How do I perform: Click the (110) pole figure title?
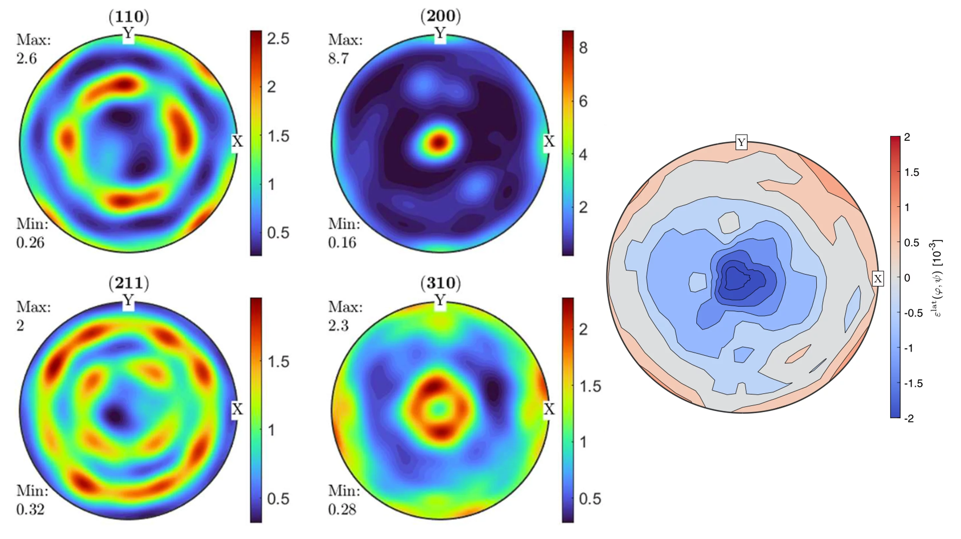coord(129,16)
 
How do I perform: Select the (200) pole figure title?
coord(440,16)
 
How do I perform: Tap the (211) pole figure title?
coord(129,283)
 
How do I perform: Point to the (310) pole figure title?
coord(440,283)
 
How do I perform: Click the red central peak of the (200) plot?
coord(439,142)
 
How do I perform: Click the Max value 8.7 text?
coord(338,59)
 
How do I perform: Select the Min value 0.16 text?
coord(342,243)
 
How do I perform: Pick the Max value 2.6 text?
coord(26,59)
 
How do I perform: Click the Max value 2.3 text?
coord(338,326)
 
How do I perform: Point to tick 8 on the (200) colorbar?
coord(583,48)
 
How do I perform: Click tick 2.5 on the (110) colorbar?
coord(278,39)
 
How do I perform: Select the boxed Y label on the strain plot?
coord(741,142)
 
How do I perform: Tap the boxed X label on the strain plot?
coord(878,279)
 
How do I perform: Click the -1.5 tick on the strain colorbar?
coord(914,383)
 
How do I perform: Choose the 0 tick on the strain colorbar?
coord(907,278)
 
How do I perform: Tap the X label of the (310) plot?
coord(549,409)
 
